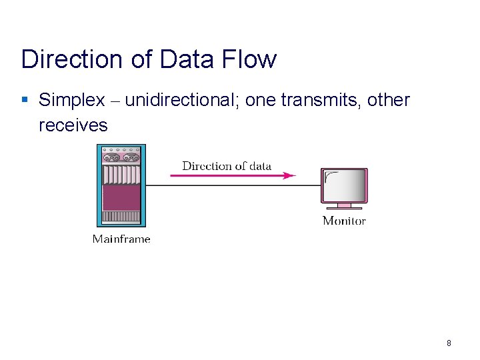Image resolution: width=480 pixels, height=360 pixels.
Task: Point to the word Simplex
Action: [72, 101]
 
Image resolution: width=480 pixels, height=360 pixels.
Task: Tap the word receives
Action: [73, 125]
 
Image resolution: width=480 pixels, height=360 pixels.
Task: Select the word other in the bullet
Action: [388, 101]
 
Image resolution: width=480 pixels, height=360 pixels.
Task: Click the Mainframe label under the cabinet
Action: [121, 239]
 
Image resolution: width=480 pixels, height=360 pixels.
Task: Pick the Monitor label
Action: [344, 221]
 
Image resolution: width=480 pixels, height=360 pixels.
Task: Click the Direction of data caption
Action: [227, 166]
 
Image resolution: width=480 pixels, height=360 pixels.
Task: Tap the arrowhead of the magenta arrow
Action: [289, 176]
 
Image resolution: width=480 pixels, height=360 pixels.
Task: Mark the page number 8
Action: [449, 343]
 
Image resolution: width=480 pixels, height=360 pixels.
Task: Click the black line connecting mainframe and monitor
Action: [233, 185]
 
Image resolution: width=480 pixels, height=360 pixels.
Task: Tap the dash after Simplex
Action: [115, 101]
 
